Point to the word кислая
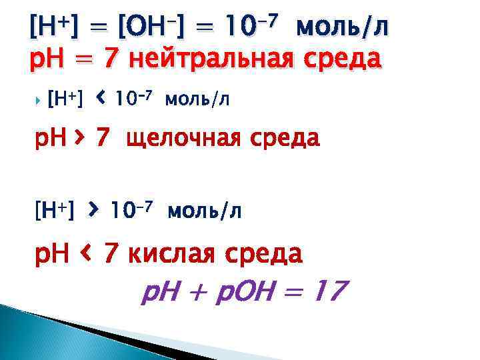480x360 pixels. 173,253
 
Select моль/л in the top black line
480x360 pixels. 342,27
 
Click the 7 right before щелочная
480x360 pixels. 101,138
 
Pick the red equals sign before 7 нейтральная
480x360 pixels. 87,60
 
